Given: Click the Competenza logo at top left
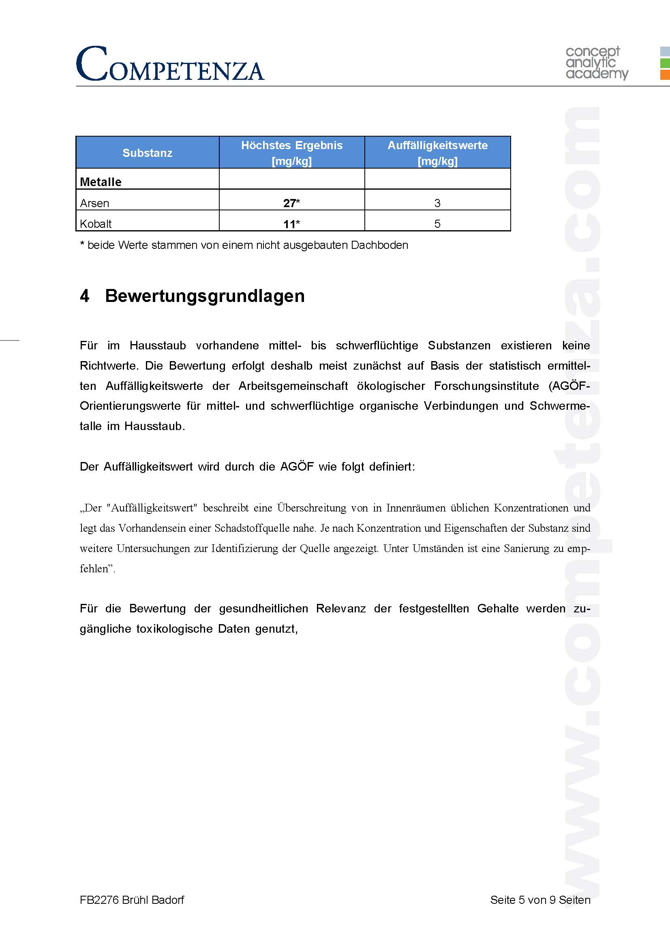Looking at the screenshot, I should click(x=170, y=64).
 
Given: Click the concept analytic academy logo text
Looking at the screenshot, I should click(x=596, y=63).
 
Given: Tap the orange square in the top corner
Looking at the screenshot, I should click(x=665, y=75).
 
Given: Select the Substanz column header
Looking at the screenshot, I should click(x=148, y=153).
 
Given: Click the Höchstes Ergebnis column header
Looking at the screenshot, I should click(x=291, y=153).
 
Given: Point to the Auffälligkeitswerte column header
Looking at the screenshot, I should click(x=437, y=153).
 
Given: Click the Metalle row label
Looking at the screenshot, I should click(x=101, y=182).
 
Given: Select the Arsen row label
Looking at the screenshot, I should click(x=94, y=203).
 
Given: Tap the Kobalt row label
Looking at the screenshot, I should click(x=96, y=224).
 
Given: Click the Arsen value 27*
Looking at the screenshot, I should click(x=291, y=203).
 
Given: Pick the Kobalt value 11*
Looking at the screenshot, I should click(x=291, y=224).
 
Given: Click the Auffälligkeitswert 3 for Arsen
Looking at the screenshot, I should click(x=437, y=203).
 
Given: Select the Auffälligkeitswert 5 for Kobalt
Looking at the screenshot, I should click(x=437, y=224).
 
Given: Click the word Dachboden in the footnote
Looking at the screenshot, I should click(x=379, y=245).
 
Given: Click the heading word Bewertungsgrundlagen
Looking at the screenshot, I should click(x=205, y=295).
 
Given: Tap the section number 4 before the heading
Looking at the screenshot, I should click(x=85, y=295).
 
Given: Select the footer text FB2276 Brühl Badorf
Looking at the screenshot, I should click(x=132, y=900).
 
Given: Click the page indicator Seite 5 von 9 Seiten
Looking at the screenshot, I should click(x=540, y=900).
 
